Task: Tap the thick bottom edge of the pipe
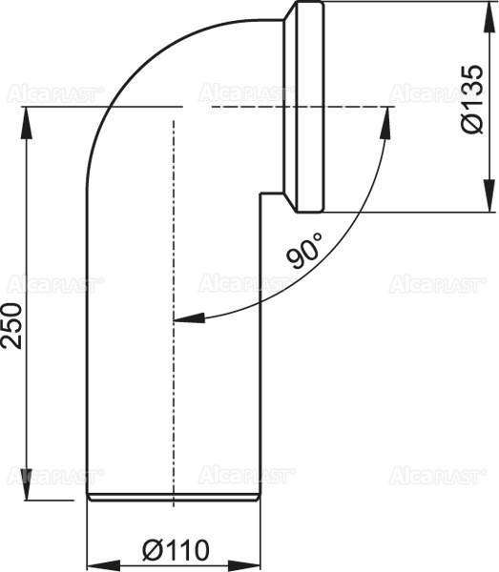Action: tap(174, 498)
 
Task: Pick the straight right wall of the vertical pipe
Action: tap(259, 362)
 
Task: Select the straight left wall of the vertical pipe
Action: tap(88, 362)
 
